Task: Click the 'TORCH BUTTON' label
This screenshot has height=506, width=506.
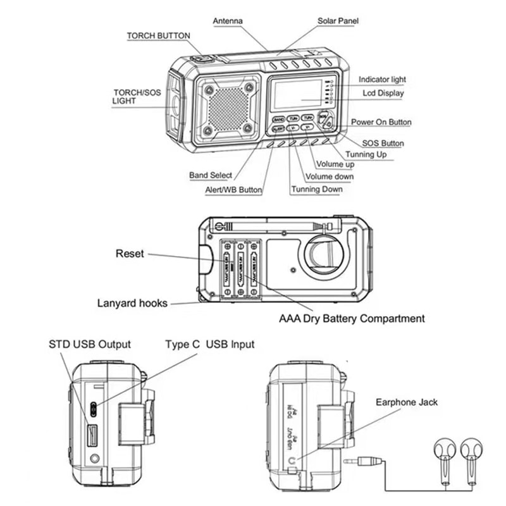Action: click(x=158, y=36)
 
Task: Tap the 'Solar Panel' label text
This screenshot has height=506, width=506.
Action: click(x=338, y=21)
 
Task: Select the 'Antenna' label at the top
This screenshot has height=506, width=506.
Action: click(x=228, y=21)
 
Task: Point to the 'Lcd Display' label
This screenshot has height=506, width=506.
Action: click(x=383, y=93)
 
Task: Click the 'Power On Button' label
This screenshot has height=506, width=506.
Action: click(x=381, y=122)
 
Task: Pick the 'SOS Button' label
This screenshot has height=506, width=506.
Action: click(x=383, y=144)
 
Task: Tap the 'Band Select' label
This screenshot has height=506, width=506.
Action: click(x=211, y=175)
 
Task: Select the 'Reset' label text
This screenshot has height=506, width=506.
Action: click(x=130, y=254)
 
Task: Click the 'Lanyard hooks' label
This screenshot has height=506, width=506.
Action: click(x=132, y=303)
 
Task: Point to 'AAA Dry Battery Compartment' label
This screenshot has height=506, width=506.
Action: click(x=352, y=319)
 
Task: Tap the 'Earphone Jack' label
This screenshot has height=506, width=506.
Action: click(x=406, y=402)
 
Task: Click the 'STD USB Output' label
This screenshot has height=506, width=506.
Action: click(x=90, y=344)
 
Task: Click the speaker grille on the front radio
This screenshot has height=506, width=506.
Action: click(x=226, y=106)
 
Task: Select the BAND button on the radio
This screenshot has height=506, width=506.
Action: click(x=279, y=118)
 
